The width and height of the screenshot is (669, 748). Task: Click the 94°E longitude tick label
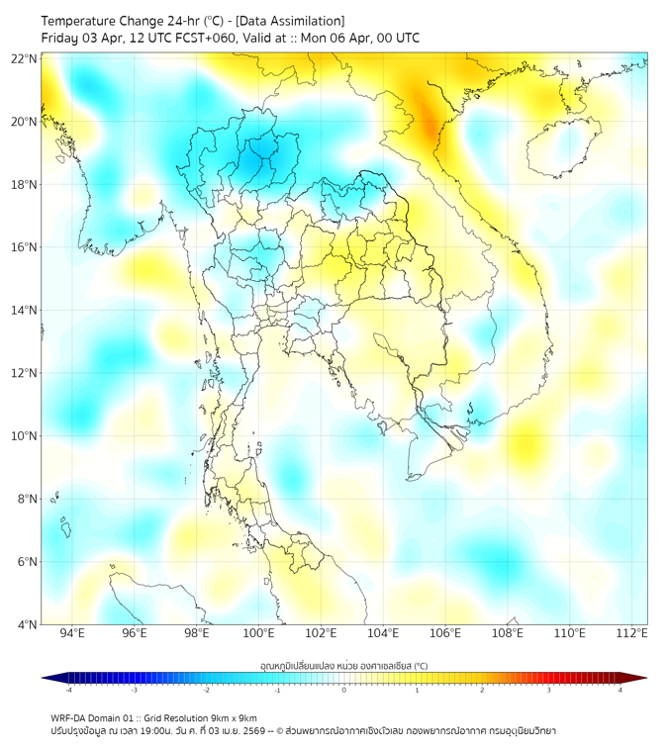pyautogui.click(x=72, y=633)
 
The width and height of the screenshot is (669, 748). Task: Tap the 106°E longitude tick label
pyautogui.click(x=445, y=633)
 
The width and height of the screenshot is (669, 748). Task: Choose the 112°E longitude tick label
pyautogui.click(x=631, y=633)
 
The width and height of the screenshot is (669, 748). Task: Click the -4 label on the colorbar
pyautogui.click(x=68, y=690)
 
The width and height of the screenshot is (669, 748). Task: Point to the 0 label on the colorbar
pyautogui.click(x=344, y=690)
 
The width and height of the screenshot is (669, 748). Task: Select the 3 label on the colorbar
pyautogui.click(x=549, y=690)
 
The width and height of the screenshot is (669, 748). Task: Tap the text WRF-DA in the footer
pyautogui.click(x=69, y=717)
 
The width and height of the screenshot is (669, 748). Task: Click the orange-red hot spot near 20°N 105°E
pyautogui.click(x=428, y=114)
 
